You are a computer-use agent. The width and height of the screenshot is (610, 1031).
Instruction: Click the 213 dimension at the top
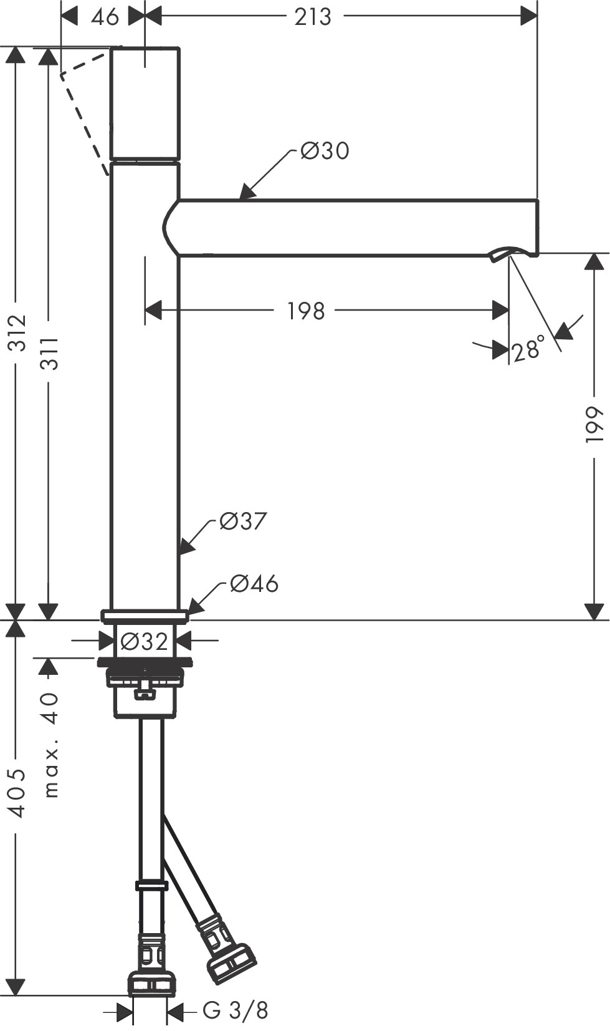(312, 17)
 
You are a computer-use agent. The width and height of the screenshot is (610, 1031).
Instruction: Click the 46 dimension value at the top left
(104, 17)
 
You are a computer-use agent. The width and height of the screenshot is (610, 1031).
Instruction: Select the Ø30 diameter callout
(324, 150)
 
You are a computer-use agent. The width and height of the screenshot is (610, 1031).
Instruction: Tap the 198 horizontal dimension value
(306, 310)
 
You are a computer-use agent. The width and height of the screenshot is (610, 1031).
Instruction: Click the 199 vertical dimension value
(595, 424)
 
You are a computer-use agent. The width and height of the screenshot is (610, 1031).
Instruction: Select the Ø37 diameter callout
(243, 521)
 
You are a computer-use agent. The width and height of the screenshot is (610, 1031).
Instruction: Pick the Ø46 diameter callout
(254, 584)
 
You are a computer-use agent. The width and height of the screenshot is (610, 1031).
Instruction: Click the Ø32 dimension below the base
(144, 641)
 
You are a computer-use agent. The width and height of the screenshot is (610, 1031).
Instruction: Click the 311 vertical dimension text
(50, 354)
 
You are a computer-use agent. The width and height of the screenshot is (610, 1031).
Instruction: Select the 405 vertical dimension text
(17, 792)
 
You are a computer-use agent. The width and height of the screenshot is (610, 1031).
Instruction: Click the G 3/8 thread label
(236, 1010)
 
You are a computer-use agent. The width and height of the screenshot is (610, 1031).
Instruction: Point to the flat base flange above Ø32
(145, 617)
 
